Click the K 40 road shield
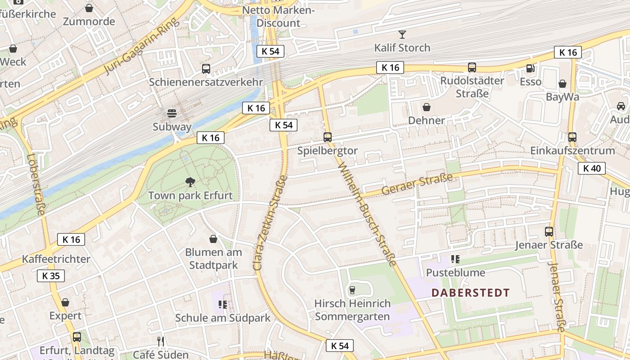(x=591, y=169)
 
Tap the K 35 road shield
(x=51, y=276)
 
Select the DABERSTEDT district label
(x=470, y=293)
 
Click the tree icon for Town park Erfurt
(x=190, y=182)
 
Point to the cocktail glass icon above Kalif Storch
(x=402, y=34)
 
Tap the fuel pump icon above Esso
(x=531, y=68)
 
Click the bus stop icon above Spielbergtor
(x=327, y=137)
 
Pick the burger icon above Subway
(x=171, y=113)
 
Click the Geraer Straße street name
(x=417, y=185)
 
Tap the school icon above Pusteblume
(x=455, y=259)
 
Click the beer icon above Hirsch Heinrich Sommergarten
(x=352, y=290)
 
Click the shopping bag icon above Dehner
(x=426, y=107)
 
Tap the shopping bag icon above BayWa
(x=562, y=84)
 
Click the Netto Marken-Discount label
(x=278, y=16)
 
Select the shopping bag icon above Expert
(x=65, y=302)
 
